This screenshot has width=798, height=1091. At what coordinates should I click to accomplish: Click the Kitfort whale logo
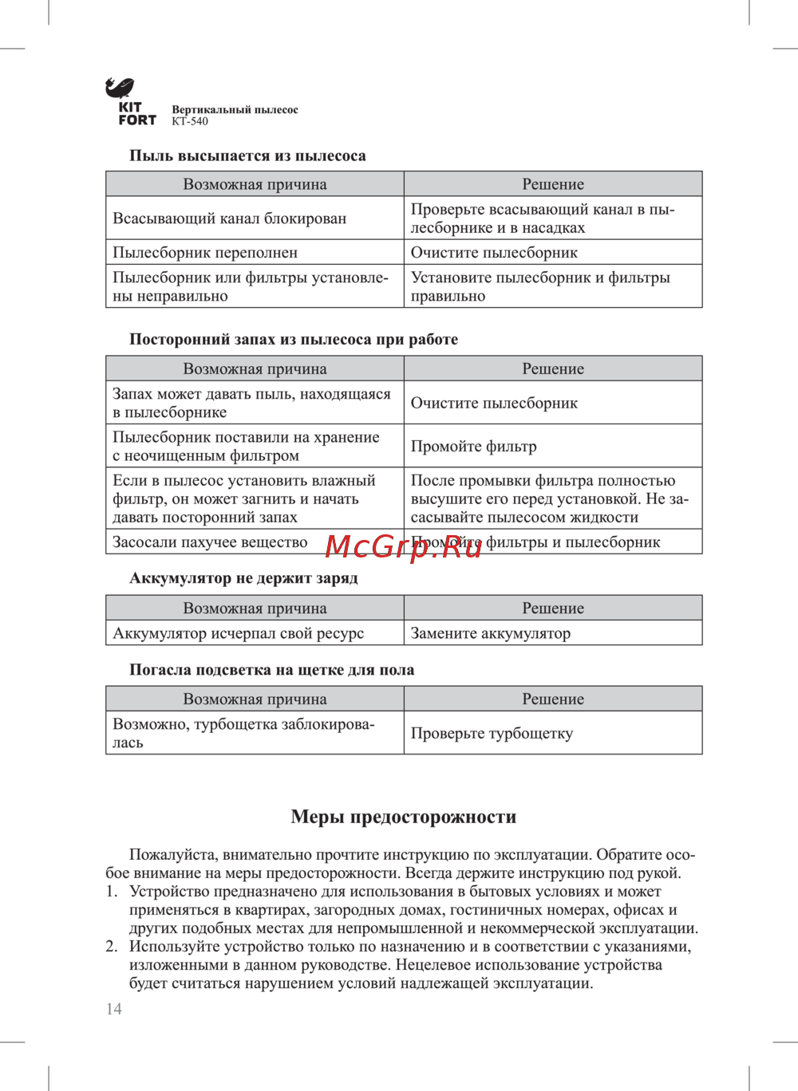click(120, 88)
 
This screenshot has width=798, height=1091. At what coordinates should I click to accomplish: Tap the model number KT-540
click(190, 122)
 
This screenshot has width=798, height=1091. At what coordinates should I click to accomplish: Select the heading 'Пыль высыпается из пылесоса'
click(247, 156)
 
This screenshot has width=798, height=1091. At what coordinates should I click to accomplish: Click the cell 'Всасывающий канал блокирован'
click(230, 219)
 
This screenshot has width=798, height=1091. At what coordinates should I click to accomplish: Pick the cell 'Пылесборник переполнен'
click(205, 253)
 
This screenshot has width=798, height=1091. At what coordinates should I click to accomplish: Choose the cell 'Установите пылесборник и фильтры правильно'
click(540, 287)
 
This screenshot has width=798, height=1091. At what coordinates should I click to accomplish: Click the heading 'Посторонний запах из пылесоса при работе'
click(294, 340)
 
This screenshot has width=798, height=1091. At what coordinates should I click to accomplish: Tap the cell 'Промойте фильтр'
click(474, 447)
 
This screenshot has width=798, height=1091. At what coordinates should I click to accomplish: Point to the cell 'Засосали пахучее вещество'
click(210, 542)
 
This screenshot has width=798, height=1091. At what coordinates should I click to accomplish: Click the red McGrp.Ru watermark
click(404, 547)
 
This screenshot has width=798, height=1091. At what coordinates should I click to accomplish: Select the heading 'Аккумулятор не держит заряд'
click(243, 578)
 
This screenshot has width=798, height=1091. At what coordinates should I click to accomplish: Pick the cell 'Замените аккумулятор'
click(491, 634)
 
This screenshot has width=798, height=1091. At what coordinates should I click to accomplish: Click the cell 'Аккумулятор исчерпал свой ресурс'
click(238, 634)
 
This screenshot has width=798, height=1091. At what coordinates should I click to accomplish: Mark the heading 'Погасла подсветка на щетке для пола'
click(271, 670)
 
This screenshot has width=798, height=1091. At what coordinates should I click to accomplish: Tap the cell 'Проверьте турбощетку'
click(492, 734)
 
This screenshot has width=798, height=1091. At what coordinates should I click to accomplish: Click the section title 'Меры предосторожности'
click(404, 817)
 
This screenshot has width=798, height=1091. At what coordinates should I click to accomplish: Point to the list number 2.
click(112, 947)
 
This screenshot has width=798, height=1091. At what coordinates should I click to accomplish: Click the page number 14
click(114, 1009)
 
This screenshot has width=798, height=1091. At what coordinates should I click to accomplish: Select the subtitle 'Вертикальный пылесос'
click(235, 110)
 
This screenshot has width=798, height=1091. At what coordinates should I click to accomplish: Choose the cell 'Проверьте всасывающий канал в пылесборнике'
click(543, 219)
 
